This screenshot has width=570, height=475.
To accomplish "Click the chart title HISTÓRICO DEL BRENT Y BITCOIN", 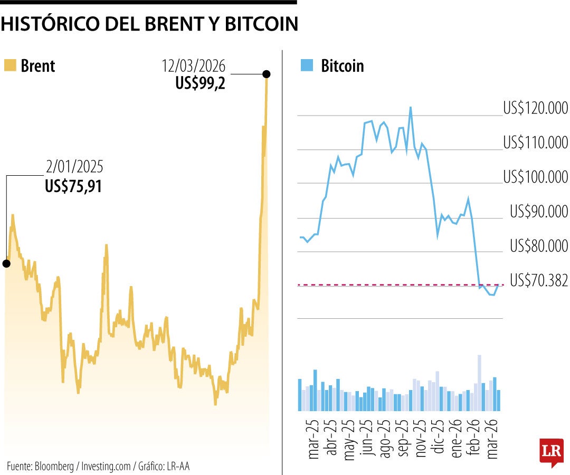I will click(x=149, y=24).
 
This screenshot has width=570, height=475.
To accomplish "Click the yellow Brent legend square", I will click(x=9, y=65).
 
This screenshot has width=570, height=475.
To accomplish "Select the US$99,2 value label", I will click(x=201, y=83).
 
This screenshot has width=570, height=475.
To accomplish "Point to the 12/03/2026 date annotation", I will click(x=194, y=66).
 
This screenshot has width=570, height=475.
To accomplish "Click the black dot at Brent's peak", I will click(x=267, y=74).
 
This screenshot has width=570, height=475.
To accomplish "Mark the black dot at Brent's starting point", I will click(x=6, y=263).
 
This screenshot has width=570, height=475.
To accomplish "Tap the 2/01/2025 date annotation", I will click(x=74, y=168).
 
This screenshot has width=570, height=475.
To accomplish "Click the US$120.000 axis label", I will click(x=535, y=109).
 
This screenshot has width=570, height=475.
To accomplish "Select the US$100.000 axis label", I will click(x=535, y=177).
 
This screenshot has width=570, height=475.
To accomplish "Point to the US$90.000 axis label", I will click(x=538, y=212).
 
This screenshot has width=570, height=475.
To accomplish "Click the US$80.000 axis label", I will click(x=538, y=246).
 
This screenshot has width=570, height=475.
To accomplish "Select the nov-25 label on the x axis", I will click(x=421, y=440).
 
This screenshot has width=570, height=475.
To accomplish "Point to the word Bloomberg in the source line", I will click(x=54, y=466).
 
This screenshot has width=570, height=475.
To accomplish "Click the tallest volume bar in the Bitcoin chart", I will click(x=479, y=383).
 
